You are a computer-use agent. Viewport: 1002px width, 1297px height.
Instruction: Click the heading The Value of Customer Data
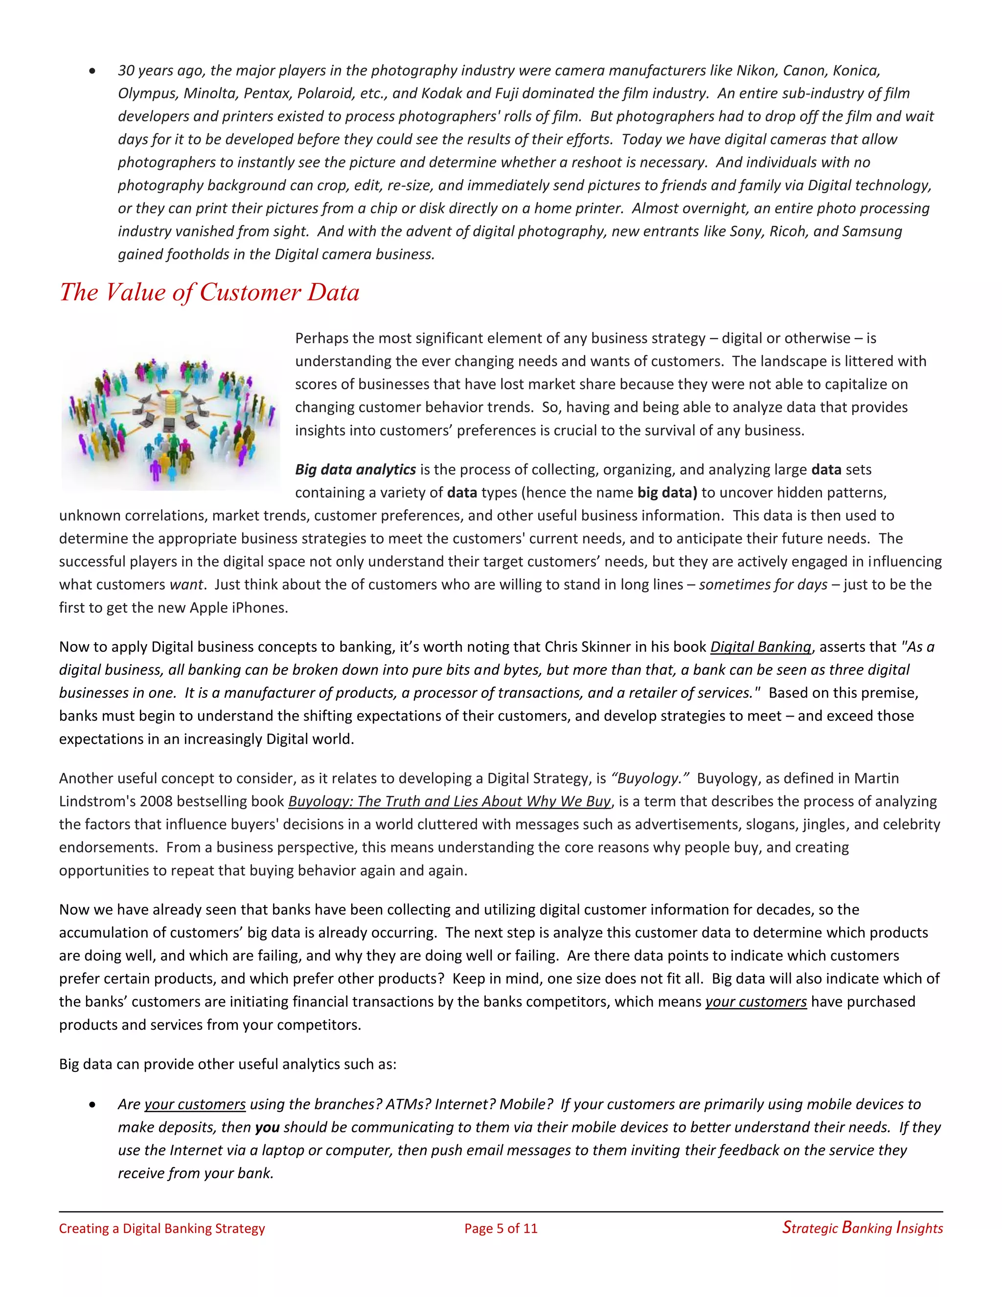tap(209, 292)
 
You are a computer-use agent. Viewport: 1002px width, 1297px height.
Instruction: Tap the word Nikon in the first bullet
tap(755, 70)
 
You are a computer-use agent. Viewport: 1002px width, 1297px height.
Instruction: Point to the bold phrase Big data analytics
tap(356, 469)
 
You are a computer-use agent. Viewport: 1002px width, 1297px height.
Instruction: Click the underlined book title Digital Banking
tap(760, 647)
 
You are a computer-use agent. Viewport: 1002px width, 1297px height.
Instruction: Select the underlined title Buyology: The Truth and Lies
tap(449, 801)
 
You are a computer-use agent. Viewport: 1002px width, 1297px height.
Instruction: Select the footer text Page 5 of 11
tap(501, 1228)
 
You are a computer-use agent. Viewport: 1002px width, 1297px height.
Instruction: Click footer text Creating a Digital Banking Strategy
tap(161, 1228)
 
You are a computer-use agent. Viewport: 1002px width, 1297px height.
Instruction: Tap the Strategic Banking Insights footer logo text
tap(862, 1228)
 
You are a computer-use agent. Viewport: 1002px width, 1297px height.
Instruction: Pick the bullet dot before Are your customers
tap(92, 1105)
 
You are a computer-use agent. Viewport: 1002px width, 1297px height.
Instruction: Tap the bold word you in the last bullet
tap(267, 1127)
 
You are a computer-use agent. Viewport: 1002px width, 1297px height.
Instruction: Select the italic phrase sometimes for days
tap(763, 584)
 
